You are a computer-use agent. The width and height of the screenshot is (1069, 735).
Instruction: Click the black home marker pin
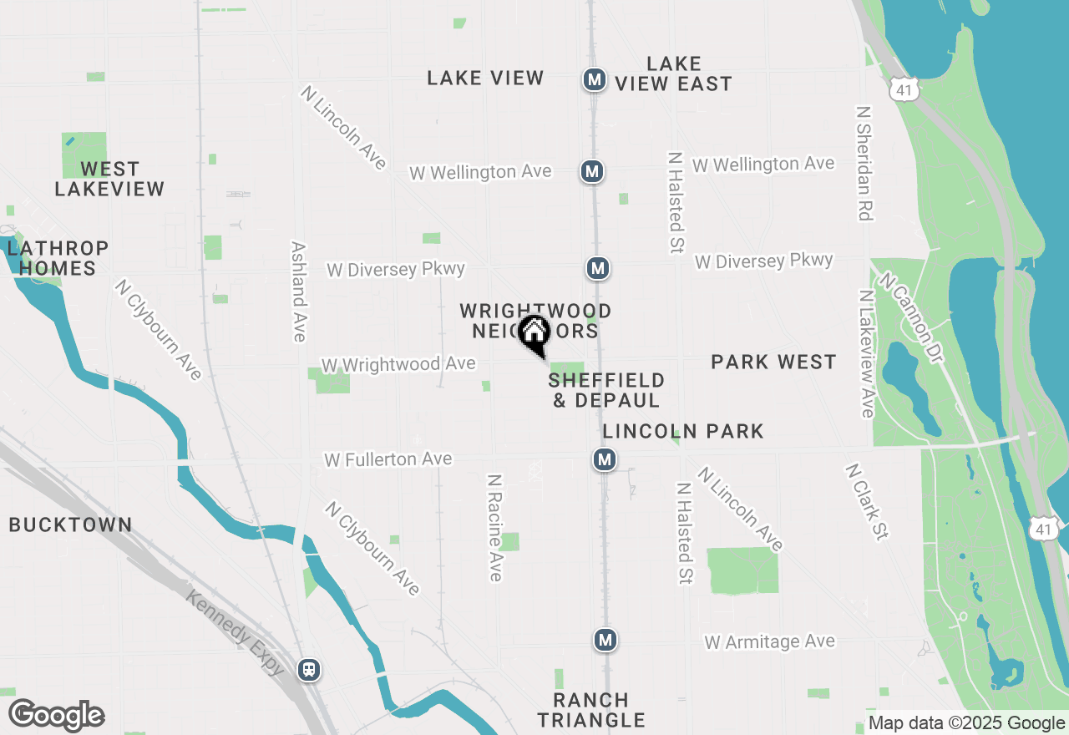[534, 334]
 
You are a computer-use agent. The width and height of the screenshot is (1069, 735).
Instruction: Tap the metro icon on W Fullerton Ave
[605, 459]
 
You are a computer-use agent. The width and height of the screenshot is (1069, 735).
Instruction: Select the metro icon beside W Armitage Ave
[605, 641]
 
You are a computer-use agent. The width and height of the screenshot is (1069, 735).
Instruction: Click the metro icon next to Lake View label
[594, 80]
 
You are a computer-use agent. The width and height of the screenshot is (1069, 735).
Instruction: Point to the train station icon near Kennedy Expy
[309, 669]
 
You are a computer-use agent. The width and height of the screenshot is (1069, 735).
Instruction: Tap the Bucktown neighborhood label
[70, 525]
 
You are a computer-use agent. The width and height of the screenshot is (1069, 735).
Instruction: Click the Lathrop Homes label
[58, 258]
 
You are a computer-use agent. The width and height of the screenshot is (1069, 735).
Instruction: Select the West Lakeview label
[109, 180]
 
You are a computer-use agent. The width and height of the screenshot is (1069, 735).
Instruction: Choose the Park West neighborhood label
[773, 362]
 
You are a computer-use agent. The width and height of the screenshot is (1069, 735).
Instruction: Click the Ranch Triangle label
[591, 710]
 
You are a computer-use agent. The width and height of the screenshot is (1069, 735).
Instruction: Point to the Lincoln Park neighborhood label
[683, 431]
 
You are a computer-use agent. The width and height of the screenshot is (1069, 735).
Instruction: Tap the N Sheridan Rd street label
[864, 163]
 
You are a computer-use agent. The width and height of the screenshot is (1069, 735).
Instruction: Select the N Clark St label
[867, 502]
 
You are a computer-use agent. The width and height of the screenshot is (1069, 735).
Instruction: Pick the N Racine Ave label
[495, 528]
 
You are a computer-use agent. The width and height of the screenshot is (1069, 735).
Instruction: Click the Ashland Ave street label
[298, 291]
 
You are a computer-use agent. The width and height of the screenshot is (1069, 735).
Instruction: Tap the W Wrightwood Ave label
[398, 365]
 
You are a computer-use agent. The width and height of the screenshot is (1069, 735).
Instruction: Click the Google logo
[57, 716]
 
